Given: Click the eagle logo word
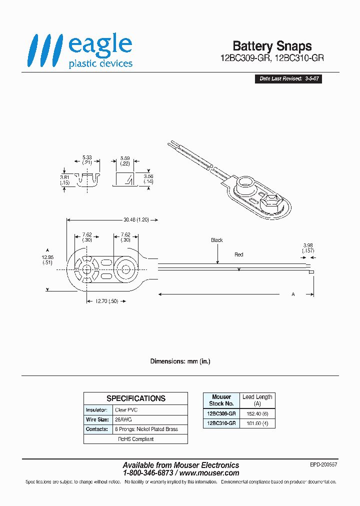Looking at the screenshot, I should click(100, 45).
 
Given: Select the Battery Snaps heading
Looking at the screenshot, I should click(272, 46).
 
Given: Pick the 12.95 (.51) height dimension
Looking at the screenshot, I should click(47, 259).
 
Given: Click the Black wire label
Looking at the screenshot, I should click(216, 240).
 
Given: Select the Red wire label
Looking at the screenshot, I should click(239, 254).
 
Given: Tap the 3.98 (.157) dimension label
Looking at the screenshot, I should click(308, 247).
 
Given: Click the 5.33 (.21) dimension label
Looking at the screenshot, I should click(86, 160).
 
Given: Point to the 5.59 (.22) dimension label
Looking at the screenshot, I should click(124, 160).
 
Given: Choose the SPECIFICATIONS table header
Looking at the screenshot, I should click(135, 398).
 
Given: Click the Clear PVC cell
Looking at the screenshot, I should click(126, 409).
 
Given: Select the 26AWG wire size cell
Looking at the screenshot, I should click(123, 419).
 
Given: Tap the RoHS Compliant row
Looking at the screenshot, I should click(135, 439).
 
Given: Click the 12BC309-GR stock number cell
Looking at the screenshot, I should click(221, 413).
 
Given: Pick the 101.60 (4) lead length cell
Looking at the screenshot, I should click(257, 423).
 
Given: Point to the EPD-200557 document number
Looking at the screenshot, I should click(323, 464).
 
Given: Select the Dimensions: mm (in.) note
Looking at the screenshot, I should click(180, 361).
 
